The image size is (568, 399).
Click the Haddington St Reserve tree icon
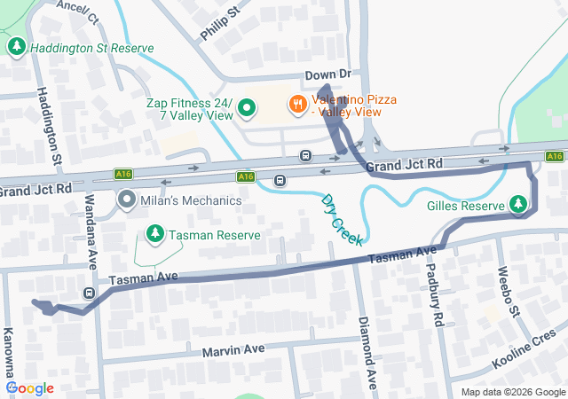(16, 46)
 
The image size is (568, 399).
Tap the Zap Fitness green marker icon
(247, 109)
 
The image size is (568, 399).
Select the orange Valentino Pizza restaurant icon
(297, 105)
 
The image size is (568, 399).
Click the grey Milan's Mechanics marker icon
(126, 200)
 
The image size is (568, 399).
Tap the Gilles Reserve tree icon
(518, 205)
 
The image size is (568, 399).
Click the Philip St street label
(220, 22)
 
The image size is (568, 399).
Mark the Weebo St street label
(507, 291)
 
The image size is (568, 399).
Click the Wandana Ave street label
(91, 239)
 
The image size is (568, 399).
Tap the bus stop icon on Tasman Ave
(89, 293)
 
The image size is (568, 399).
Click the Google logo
(30, 388)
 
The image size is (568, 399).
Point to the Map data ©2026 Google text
(512, 392)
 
